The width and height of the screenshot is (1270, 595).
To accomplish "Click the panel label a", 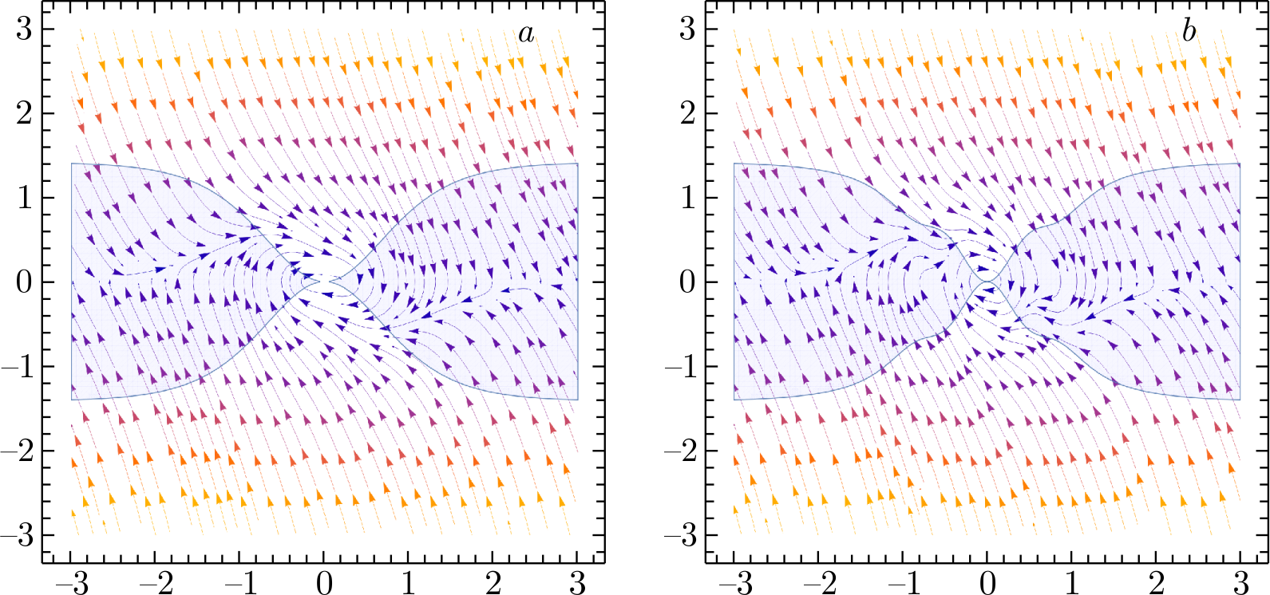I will tap(526, 33).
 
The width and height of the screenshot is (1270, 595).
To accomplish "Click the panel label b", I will tap(1189, 31).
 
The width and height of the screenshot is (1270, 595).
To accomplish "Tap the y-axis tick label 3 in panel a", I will tap(25, 30).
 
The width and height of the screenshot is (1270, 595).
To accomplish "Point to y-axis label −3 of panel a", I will tap(18, 535).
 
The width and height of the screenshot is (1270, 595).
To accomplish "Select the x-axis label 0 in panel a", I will tap(324, 583).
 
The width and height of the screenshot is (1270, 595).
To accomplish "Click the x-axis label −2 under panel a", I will tap(155, 583).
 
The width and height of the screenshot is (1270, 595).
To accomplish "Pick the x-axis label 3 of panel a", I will tap(578, 583).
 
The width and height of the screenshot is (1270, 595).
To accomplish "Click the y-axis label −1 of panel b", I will tap(680, 367).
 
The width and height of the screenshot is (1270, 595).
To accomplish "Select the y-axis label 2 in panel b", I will tap(687, 113).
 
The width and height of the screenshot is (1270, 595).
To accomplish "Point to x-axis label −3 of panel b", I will tap(734, 583).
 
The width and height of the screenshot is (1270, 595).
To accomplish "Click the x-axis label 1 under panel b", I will tap(1072, 583).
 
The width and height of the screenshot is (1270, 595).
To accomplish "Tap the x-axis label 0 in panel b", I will tap(987, 583).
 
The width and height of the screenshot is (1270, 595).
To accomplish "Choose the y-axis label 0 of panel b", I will tap(687, 282).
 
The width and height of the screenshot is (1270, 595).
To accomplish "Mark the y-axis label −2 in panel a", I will tap(18, 451).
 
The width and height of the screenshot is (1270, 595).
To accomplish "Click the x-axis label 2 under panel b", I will tap(1157, 583).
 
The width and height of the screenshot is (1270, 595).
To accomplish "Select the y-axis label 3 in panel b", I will tap(687, 30).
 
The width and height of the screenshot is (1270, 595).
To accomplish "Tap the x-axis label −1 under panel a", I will tap(239, 583).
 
